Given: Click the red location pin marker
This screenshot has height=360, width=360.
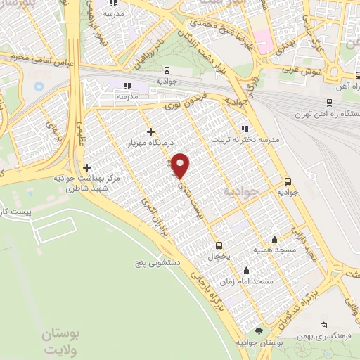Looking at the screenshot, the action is pyautogui.click(x=181, y=165).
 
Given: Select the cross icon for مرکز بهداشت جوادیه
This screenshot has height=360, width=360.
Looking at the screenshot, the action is pyautogui.click(x=86, y=167).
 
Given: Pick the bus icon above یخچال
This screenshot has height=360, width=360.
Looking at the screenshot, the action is pyautogui.click(x=219, y=245).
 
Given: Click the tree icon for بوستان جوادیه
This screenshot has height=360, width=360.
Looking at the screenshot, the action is pyautogui.click(x=259, y=330).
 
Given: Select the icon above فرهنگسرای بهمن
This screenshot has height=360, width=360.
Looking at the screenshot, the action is pyautogui.click(x=323, y=325).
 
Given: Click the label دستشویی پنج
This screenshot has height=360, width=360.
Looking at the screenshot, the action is pyautogui.click(x=160, y=262).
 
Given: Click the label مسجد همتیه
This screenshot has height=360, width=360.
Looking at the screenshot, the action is pyautogui.click(x=274, y=250).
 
